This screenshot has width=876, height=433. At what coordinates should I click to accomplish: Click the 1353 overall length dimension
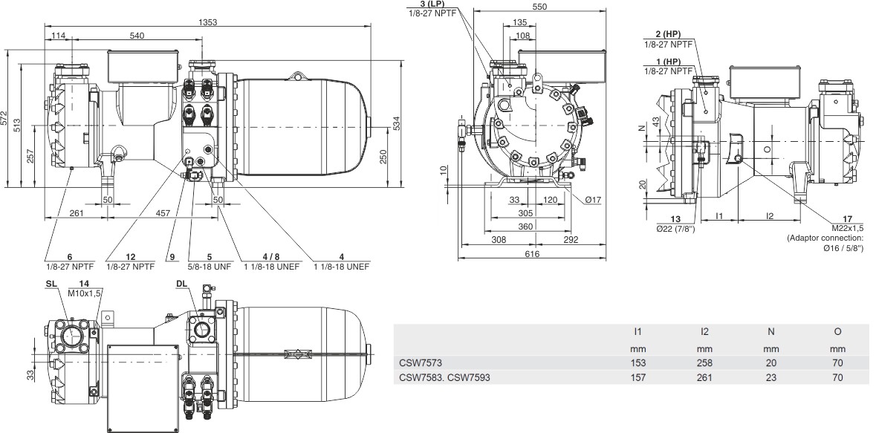coord(207,22)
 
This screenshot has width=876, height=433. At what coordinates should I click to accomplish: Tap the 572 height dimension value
coord(5,118)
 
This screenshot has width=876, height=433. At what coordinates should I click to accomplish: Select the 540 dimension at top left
coord(137,36)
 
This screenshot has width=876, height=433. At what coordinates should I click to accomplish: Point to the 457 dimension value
coord(163,213)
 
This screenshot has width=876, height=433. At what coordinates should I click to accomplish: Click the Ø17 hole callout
coord(594,200)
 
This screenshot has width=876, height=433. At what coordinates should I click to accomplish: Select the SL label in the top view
coord(51,284)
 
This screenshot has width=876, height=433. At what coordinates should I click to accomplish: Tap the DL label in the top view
coord(181,284)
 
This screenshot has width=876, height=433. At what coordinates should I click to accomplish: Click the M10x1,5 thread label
coord(85,292)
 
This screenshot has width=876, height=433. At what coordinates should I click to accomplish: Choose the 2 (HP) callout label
coord(670,34)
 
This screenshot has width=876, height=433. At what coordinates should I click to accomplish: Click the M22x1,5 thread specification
coord(847,228)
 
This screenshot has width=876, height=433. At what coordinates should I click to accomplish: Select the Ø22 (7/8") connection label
coord(675,228)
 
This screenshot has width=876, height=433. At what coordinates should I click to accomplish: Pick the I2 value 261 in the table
coord(704,377)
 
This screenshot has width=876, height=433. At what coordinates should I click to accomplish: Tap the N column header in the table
coord(771,331)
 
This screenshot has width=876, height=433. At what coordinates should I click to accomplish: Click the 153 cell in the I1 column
coord(637,363)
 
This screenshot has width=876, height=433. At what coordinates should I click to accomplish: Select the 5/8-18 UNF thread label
coord(209,266)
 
